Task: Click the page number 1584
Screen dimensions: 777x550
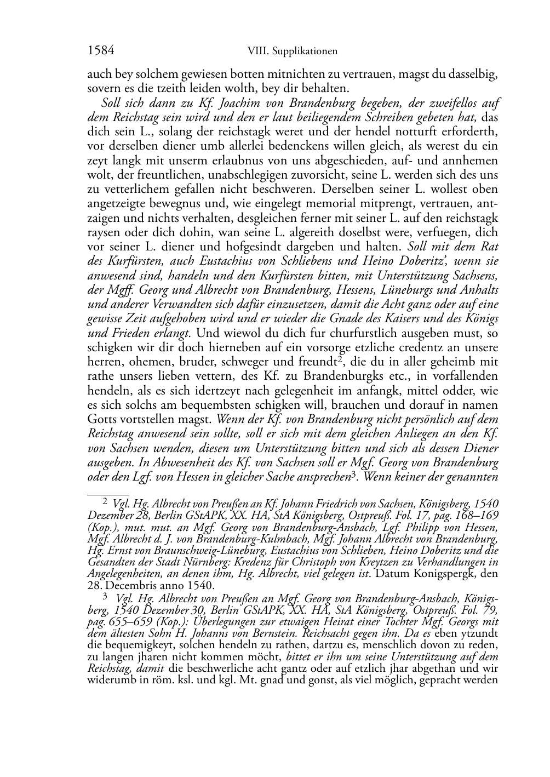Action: coord(101,51)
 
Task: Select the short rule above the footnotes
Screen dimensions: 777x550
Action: coord(108,494)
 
